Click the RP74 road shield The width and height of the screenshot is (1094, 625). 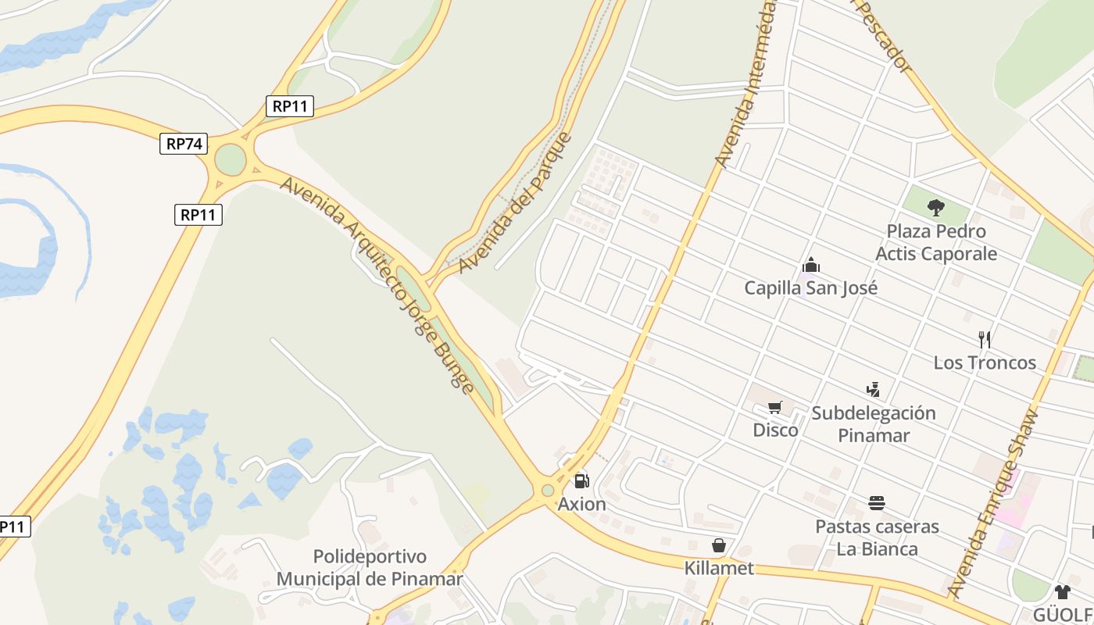(184, 144)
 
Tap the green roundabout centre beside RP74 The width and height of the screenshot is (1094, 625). (230, 160)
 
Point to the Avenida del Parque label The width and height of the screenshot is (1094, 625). (515, 204)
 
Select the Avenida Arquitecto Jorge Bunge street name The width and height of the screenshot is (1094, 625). (377, 285)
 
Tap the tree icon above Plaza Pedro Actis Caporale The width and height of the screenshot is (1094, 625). (935, 208)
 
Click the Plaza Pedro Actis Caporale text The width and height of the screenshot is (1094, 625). (936, 242)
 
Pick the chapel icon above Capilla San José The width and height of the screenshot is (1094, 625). (811, 265)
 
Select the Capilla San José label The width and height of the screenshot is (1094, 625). (811, 287)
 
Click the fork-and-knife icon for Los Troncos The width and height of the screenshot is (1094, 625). (985, 340)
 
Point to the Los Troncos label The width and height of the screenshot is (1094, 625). (985, 362)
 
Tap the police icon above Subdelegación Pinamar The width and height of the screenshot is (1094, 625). (873, 389)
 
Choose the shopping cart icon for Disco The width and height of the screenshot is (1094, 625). (775, 407)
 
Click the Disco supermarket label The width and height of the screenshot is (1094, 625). (775, 430)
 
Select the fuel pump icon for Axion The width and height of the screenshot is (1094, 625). (581, 481)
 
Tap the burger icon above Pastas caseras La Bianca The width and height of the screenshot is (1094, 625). (877, 503)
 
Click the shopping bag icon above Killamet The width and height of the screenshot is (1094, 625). (719, 545)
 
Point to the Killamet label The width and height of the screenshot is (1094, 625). (719, 568)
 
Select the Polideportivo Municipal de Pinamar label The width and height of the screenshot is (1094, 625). (370, 568)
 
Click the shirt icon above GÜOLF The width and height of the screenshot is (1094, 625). (1062, 591)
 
